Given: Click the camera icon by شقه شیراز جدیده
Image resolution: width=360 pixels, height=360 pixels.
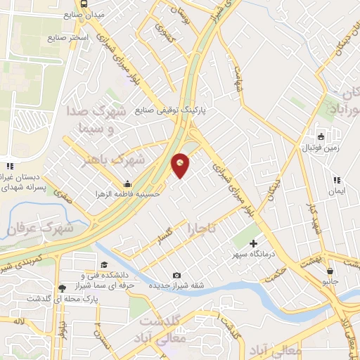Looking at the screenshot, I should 176,275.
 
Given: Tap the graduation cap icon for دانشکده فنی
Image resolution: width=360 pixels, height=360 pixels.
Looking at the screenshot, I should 104,265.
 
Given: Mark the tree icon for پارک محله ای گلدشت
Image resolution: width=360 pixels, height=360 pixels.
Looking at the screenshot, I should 63,288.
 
